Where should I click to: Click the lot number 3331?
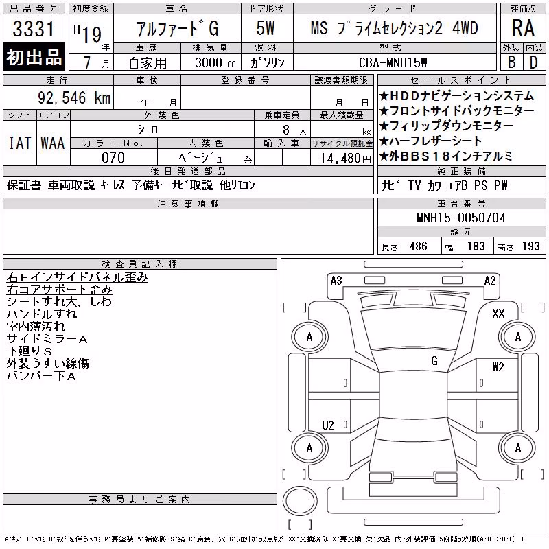coord(34,29)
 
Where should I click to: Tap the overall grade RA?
coord(523,28)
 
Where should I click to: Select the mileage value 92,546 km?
coord(74,97)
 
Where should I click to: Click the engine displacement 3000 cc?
coord(215,62)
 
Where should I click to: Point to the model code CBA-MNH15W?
coord(393,62)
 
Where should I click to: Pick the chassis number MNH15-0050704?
coord(461,218)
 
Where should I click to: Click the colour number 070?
coord(113,158)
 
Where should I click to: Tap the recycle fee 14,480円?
coord(346,159)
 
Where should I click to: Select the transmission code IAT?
coord(20,143)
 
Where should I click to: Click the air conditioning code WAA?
coord(53,143)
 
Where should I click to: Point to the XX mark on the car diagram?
coord(498,313)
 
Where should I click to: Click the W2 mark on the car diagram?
coord(498,366)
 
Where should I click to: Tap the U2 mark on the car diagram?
coord(328,425)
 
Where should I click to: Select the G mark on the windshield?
coord(434,361)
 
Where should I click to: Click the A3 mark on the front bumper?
coord(336,281)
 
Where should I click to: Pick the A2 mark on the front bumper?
coord(490,281)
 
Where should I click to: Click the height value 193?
coord(530,246)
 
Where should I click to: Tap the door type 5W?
coord(266,28)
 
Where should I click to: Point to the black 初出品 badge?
coord(34,57)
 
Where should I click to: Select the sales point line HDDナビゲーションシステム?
coord(456,95)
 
